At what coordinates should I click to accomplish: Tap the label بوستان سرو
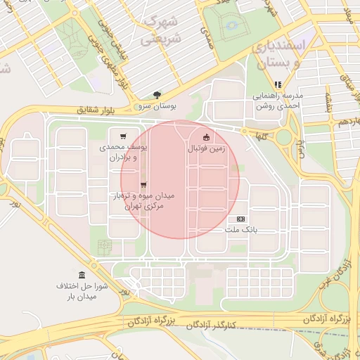click(x=156, y=105)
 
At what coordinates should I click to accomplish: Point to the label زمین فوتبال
click(x=206, y=149)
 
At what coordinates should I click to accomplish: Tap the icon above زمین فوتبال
click(x=206, y=138)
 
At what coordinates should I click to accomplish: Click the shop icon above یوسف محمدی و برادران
click(x=124, y=136)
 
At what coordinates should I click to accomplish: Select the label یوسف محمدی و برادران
click(x=126, y=153)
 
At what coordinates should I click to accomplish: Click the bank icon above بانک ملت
click(x=241, y=219)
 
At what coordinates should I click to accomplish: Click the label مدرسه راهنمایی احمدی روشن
click(x=277, y=100)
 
